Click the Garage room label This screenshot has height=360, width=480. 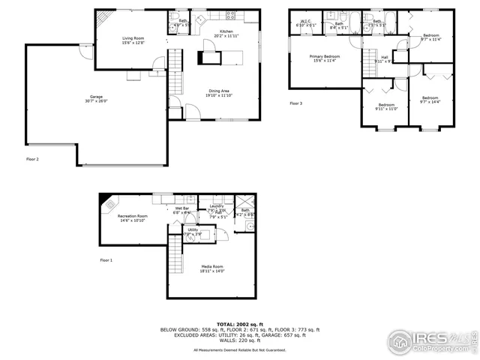point(97,97)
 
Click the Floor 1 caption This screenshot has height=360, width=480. point(107,260)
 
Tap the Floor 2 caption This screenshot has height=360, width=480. point(32,159)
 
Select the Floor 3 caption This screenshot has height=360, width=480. point(296,103)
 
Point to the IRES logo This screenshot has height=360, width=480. point(442,339)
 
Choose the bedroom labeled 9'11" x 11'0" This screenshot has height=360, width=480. point(387,106)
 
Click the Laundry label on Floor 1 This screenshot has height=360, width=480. point(217,206)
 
